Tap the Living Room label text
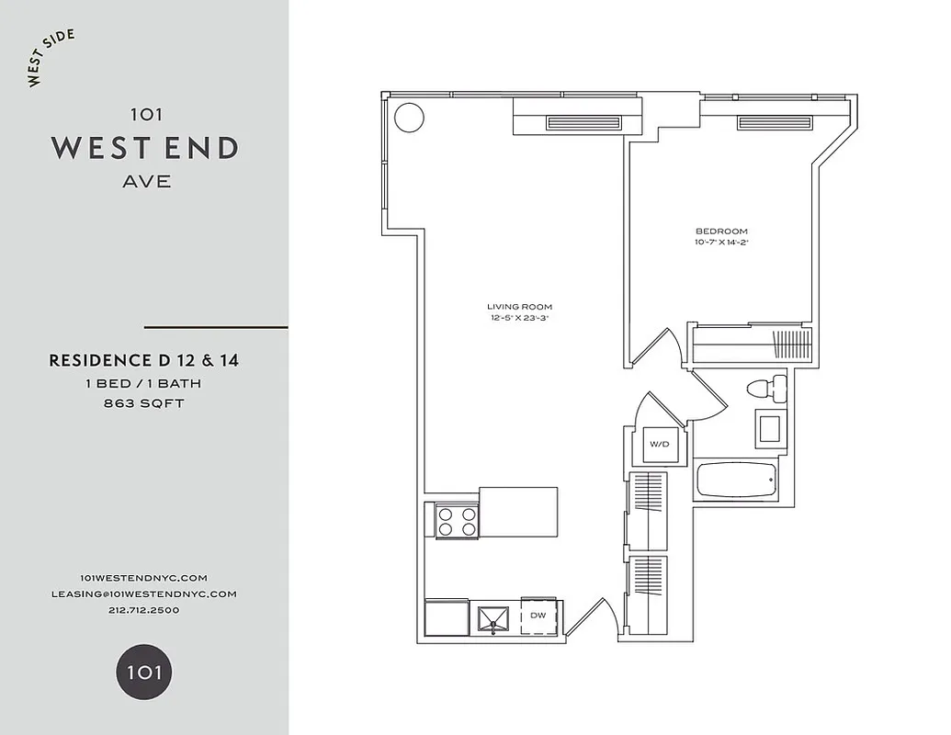[x=519, y=307]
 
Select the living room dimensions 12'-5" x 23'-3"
[x=519, y=319]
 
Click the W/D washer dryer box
[x=660, y=445]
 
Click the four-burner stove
[x=458, y=521]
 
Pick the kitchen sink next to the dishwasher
[x=496, y=617]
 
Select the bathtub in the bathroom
[x=735, y=479]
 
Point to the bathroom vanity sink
[x=769, y=428]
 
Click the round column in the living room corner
[x=409, y=117]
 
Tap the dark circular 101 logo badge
[x=143, y=672]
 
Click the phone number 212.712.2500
[x=143, y=610]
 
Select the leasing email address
[x=143, y=594]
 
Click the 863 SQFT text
[x=143, y=403]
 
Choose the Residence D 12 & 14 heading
[x=143, y=361]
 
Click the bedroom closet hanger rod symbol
[x=791, y=345]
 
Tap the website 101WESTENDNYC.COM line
[x=143, y=577]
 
